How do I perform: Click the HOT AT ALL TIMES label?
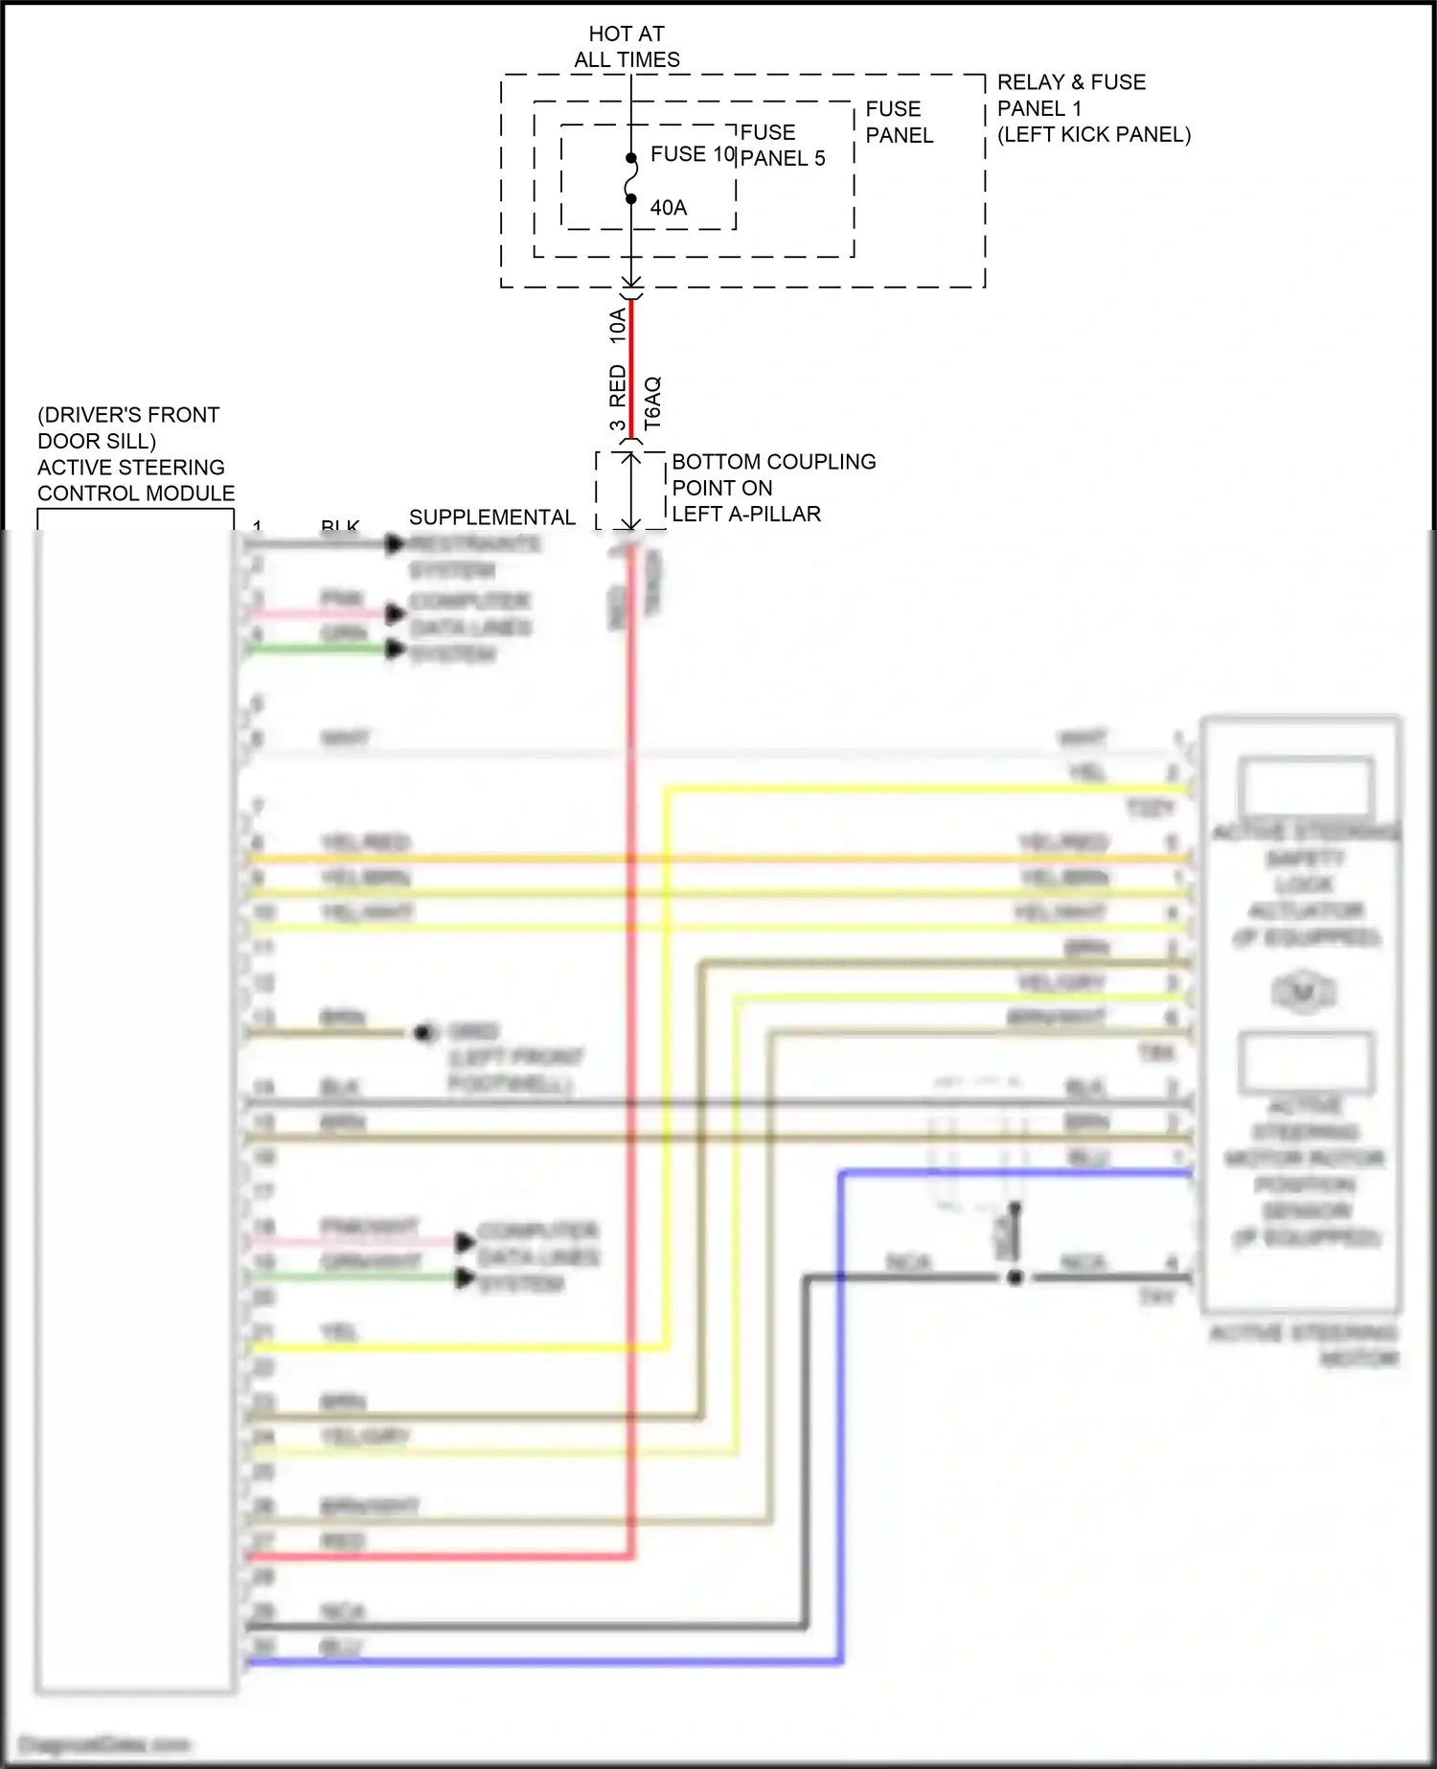point(627,47)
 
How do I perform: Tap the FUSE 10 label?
point(692,154)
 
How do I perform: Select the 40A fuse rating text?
point(669,208)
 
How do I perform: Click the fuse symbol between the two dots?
point(631,178)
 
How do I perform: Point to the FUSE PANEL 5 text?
point(782,146)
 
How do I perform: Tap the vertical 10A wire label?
point(618,326)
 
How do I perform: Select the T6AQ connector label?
point(652,402)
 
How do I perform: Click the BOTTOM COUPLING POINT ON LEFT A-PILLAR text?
point(772,488)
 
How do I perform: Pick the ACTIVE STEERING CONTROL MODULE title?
point(135,480)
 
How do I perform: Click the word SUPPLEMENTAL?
point(491,517)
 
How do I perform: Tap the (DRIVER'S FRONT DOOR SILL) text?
point(127,428)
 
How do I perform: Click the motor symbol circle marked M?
point(1303,992)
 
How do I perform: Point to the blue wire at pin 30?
point(536,1662)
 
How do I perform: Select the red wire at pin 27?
point(431,1556)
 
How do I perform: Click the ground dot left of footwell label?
point(423,1033)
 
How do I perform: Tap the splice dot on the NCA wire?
point(1015,1276)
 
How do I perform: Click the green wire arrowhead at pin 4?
point(395,650)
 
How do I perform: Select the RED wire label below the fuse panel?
point(618,384)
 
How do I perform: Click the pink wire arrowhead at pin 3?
point(395,613)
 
